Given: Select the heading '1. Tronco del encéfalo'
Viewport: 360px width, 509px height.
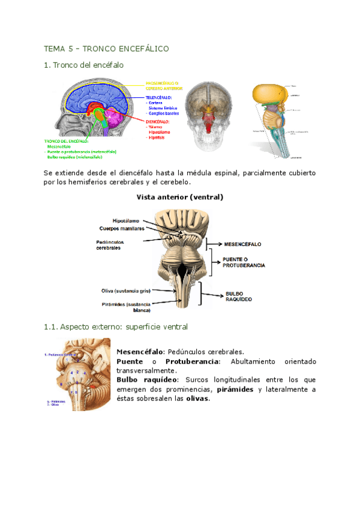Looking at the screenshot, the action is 83,65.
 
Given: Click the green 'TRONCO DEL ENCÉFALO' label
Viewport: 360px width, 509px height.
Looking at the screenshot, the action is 67,142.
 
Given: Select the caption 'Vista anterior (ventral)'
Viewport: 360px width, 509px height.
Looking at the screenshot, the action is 179,197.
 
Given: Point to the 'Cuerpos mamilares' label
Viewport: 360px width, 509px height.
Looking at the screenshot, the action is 124,228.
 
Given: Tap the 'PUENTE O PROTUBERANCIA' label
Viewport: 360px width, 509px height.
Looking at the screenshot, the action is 244,262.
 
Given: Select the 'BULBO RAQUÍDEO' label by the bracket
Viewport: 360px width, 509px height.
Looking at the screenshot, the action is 239,296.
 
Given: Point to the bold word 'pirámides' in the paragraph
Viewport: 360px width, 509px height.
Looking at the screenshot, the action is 236,390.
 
